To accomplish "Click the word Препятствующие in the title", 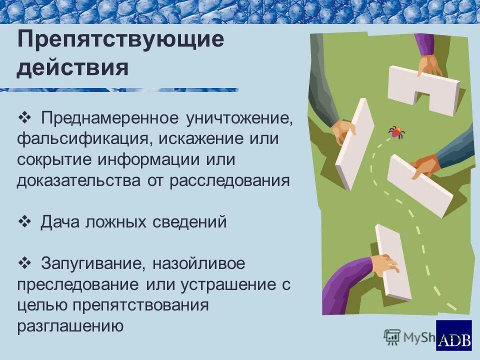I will (x=120, y=40).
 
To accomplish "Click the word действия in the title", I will (x=72, y=67).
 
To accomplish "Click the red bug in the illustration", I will (x=396, y=132).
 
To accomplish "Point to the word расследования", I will (x=229, y=180).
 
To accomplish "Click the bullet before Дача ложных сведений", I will (x=24, y=221).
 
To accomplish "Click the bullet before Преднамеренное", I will (x=24, y=118).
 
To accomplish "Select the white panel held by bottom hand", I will (x=393, y=262).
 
